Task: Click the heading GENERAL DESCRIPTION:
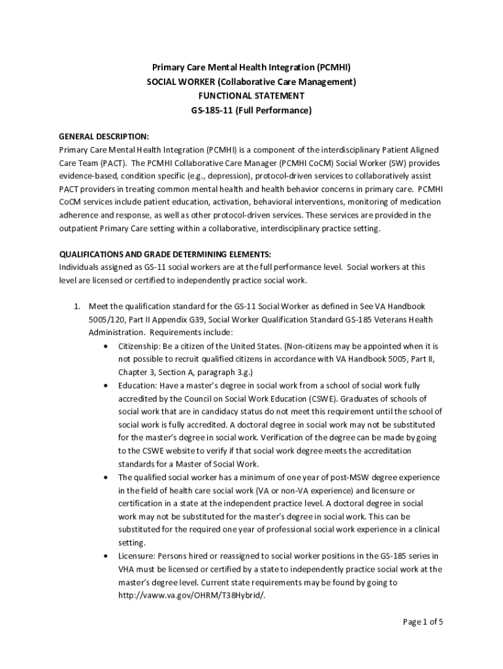(104, 137)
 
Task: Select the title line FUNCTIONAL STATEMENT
(251, 96)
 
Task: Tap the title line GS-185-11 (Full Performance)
(251, 110)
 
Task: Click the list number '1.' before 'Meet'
(76, 306)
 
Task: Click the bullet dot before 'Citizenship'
(105, 346)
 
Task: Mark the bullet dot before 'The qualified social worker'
(105, 478)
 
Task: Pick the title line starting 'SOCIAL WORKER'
(251, 82)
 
